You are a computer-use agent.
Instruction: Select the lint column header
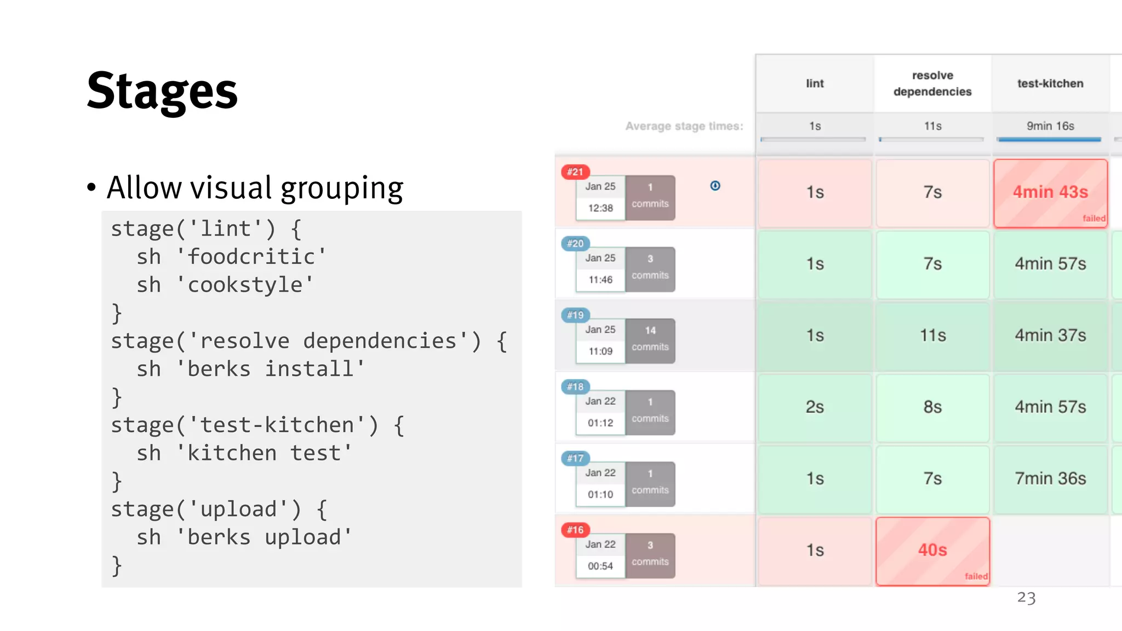tap(815, 84)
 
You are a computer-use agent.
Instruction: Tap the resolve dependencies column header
tap(932, 84)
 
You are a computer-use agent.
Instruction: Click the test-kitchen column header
tap(1050, 84)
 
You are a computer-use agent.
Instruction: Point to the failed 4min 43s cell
tap(1050, 193)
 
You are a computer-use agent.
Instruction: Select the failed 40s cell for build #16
tap(932, 550)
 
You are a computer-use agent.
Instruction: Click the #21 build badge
tap(575, 172)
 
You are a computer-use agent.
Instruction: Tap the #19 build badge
tap(575, 315)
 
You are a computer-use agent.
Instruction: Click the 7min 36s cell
tap(1050, 479)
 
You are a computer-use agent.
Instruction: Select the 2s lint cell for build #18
tap(815, 407)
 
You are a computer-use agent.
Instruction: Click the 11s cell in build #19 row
tap(932, 335)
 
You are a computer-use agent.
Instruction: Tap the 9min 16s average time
tap(1050, 127)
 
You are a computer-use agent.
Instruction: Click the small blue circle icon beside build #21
tap(715, 186)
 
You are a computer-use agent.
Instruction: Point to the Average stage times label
tap(684, 127)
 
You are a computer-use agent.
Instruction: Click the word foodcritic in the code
tap(251, 257)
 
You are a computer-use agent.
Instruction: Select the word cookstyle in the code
tap(245, 285)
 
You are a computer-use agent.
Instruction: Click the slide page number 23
tap(1026, 598)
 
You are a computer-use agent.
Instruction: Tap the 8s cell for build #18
tap(932, 407)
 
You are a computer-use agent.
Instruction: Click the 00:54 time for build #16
tap(600, 566)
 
